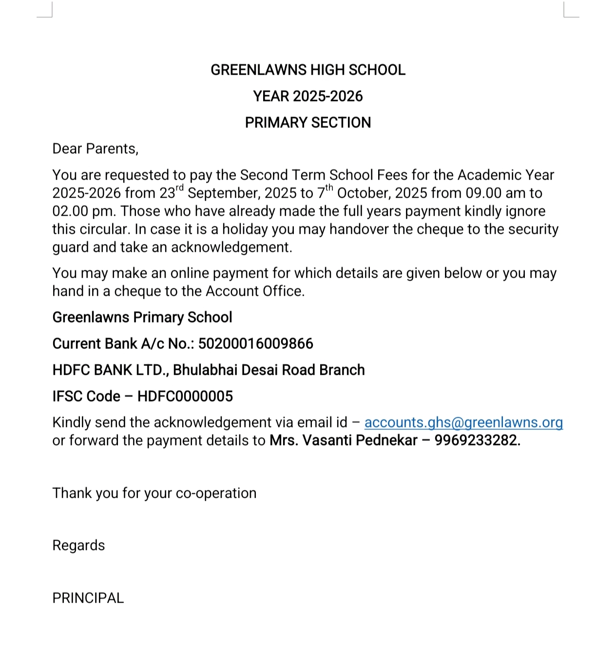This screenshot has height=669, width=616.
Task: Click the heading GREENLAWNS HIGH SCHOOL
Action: (308, 70)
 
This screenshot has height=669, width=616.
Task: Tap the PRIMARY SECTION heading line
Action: (308, 122)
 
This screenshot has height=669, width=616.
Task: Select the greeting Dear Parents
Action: (95, 149)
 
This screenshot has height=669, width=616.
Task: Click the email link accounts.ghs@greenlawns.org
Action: (463, 423)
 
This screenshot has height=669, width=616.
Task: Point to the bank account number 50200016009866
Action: (255, 344)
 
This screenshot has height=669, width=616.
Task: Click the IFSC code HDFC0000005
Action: (185, 396)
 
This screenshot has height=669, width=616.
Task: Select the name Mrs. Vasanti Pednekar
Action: (343, 441)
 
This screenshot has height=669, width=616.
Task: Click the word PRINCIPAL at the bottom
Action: (88, 598)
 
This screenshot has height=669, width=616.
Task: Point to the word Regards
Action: (78, 546)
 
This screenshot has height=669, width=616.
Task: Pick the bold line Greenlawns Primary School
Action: (142, 318)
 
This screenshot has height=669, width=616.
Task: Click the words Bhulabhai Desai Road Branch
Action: (269, 370)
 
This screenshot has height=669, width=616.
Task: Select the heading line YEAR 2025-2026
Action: (308, 97)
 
